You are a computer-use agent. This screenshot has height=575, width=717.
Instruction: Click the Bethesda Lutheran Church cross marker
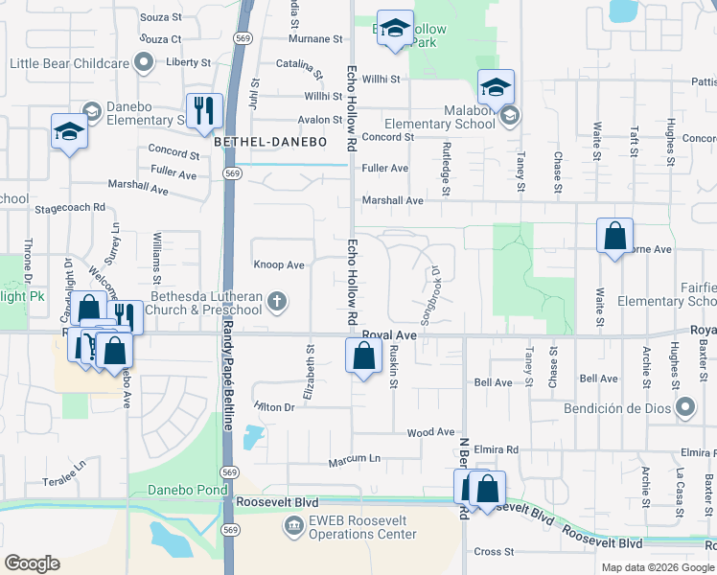pyautogui.click(x=277, y=303)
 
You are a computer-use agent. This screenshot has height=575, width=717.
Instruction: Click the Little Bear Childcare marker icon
pyautogui.click(x=144, y=63)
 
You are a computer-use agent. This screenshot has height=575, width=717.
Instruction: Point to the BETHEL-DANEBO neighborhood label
pyautogui.click(x=270, y=142)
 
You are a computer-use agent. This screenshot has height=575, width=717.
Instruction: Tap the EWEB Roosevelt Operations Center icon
pyautogui.click(x=293, y=526)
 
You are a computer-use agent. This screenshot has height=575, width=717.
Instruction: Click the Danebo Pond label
pyautogui.click(x=184, y=490)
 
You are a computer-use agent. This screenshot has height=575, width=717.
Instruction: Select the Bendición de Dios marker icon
pyautogui.click(x=684, y=409)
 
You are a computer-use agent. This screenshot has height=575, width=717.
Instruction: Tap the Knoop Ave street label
pyautogui.click(x=278, y=264)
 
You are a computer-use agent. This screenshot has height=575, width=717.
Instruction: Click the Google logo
pyautogui.click(x=32, y=563)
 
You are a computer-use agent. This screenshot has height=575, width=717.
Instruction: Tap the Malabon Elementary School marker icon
pyautogui.click(x=510, y=116)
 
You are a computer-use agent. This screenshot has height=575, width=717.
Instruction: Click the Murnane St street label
pyautogui.click(x=315, y=39)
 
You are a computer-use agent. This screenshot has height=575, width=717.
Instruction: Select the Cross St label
pyautogui.click(x=494, y=551)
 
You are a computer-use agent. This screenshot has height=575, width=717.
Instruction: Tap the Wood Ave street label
pyautogui.click(x=422, y=433)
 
